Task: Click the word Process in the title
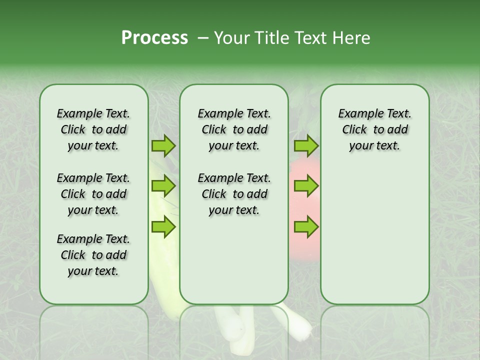(154, 38)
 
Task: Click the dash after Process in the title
(203, 38)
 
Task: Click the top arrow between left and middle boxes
(163, 146)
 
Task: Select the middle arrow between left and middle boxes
(163, 186)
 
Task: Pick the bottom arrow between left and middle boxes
(163, 227)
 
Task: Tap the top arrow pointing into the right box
(306, 146)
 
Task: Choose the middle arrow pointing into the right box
(306, 186)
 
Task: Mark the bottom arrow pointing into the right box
(306, 227)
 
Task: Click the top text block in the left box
(93, 129)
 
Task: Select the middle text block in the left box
(93, 194)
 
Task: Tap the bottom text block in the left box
(93, 255)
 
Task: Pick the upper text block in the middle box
(234, 129)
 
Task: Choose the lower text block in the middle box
(234, 194)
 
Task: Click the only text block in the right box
(374, 129)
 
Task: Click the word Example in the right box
(356, 113)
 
